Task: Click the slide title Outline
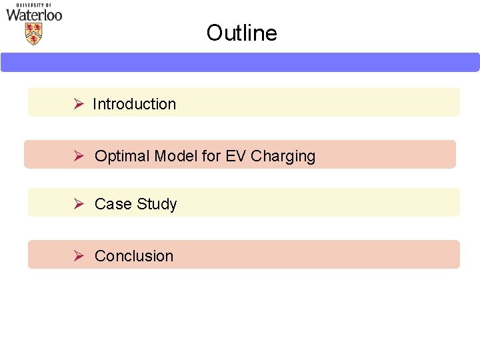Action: pyautogui.click(x=241, y=33)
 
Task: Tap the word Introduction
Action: pyautogui.click(x=134, y=104)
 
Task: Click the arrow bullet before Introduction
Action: pyautogui.click(x=78, y=104)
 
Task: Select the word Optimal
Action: pyautogui.click(x=122, y=156)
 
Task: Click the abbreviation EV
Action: pyautogui.click(x=236, y=156)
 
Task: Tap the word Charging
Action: pyautogui.click(x=283, y=157)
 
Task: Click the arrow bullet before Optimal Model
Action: pyautogui.click(x=78, y=156)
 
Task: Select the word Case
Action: pyautogui.click(x=113, y=204)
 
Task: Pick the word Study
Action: pyautogui.click(x=157, y=204)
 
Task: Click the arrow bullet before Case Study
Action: pyautogui.click(x=78, y=204)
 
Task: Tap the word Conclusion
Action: pyautogui.click(x=134, y=256)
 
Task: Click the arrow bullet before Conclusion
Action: pyautogui.click(x=78, y=256)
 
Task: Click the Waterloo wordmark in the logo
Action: pyautogui.click(x=34, y=15)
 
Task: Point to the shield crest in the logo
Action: pyautogui.click(x=33, y=33)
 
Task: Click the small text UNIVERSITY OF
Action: pyautogui.click(x=34, y=5)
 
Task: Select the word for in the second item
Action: pyautogui.click(x=211, y=156)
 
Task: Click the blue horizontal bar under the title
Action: pyautogui.click(x=240, y=62)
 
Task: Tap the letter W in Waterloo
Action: pyautogui.click(x=13, y=15)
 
